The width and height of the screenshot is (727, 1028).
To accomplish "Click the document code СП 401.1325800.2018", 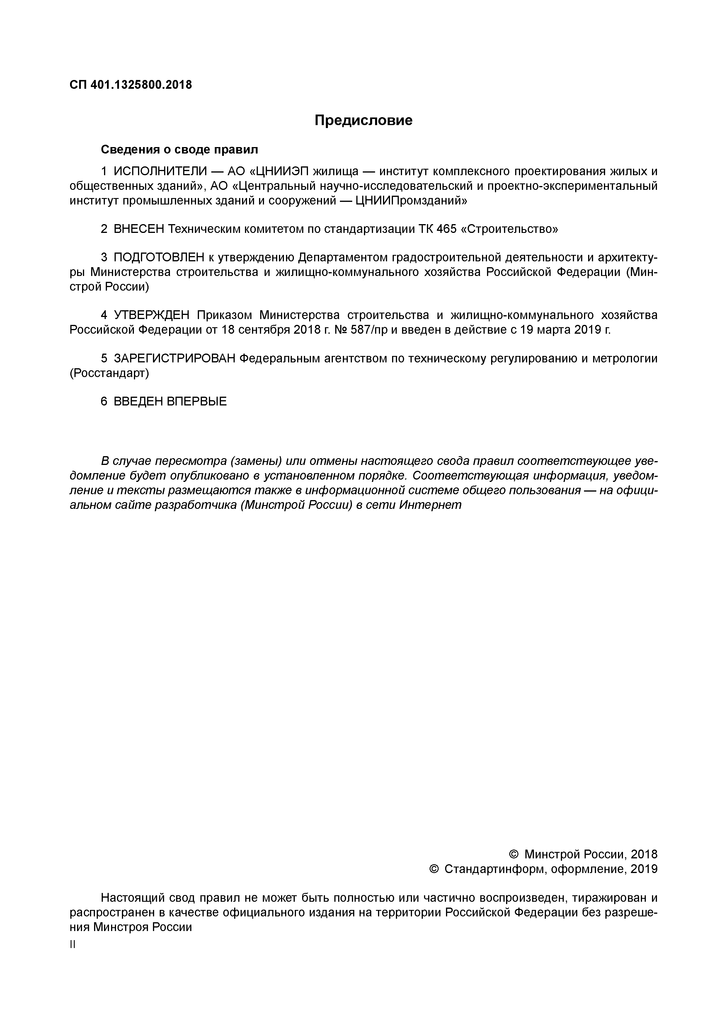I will coord(131,85).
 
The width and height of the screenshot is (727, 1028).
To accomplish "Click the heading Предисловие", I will coord(363,120).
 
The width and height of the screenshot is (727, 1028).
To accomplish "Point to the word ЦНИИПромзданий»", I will coord(411,201).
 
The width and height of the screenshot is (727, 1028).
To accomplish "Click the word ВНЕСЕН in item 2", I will coord(139,229).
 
